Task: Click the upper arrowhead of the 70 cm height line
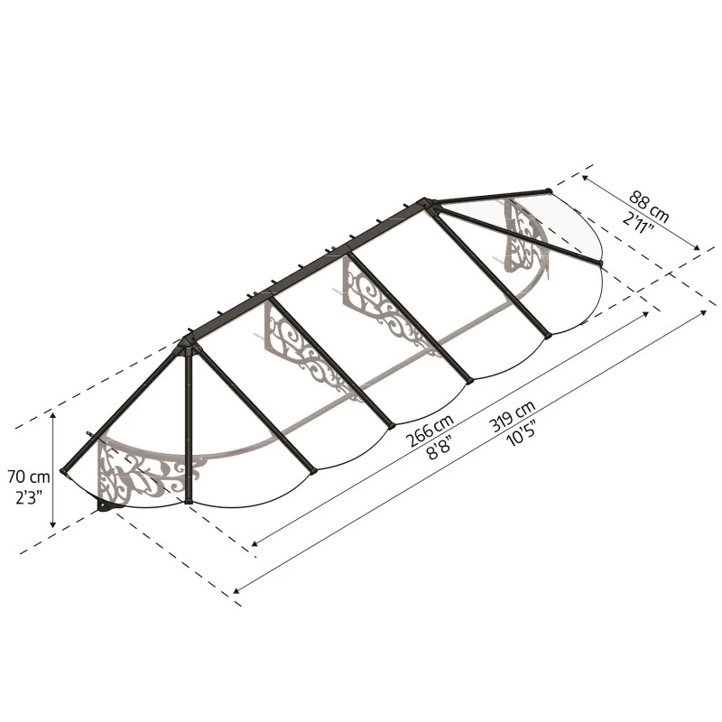point(54,415)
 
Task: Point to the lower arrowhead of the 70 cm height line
point(54,524)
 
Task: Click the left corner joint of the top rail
point(188,341)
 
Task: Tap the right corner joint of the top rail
point(428,203)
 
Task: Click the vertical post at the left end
point(189,424)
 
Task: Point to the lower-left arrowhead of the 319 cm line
point(236,591)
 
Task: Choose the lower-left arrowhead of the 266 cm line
point(255,544)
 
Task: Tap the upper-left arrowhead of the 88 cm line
point(584,177)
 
